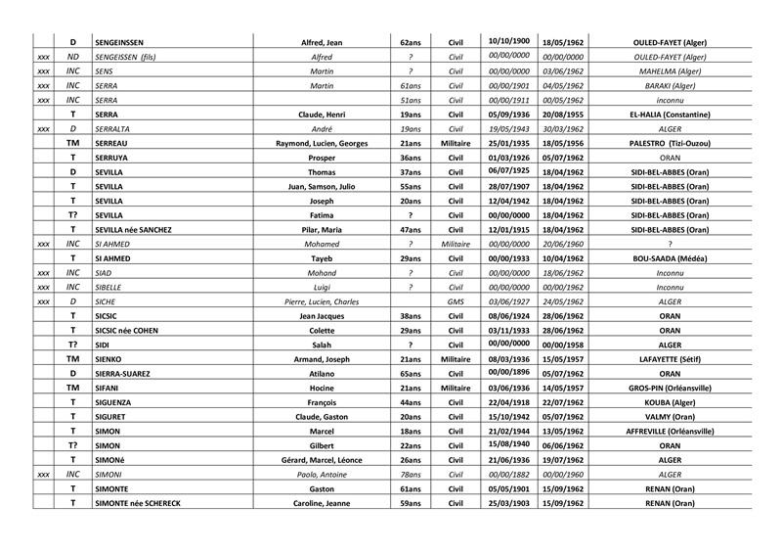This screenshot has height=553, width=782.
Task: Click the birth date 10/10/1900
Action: (x=508, y=41)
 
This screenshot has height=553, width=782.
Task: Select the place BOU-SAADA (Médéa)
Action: (x=670, y=258)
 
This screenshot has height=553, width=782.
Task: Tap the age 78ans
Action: (x=411, y=474)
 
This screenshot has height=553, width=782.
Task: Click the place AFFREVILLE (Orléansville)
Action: (x=670, y=431)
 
